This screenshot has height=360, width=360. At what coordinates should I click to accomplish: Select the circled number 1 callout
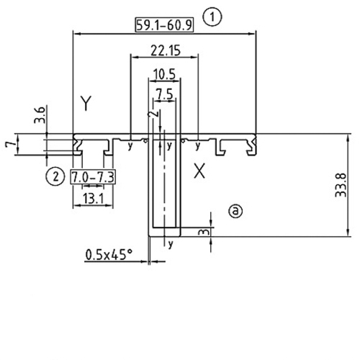pos(212,17)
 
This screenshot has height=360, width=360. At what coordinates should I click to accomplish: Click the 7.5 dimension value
pos(163,94)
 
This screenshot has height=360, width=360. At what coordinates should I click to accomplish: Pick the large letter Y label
pos(86,104)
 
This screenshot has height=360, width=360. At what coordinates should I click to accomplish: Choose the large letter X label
pos(201,171)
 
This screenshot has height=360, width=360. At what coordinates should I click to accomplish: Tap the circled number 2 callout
pos(54,176)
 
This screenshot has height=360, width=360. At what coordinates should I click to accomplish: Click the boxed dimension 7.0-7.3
pos(93,176)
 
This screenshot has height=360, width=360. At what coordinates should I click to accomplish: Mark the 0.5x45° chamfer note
pos(109,254)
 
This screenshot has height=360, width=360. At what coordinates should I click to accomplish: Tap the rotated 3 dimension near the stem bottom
pos(204,231)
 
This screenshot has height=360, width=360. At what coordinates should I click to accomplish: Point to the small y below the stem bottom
pos(170,245)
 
